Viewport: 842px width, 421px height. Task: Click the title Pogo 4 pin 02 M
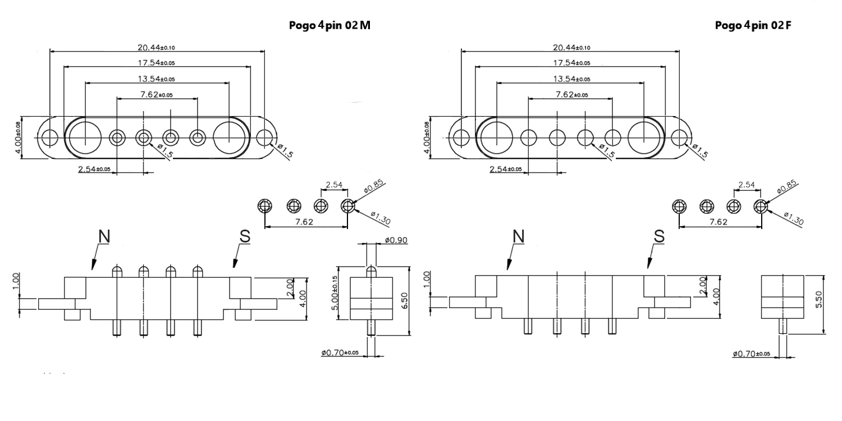pyautogui.click(x=330, y=25)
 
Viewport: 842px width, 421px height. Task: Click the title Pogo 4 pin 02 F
pyautogui.click(x=753, y=25)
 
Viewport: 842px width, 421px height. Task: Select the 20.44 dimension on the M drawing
pyautogui.click(x=156, y=47)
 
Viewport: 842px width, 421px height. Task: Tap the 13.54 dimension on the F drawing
pyautogui.click(x=571, y=79)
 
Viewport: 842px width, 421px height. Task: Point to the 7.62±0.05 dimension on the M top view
pyautogui.click(x=157, y=94)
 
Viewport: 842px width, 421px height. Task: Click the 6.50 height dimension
pyautogui.click(x=404, y=301)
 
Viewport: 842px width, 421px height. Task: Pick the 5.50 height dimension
pyautogui.click(x=818, y=299)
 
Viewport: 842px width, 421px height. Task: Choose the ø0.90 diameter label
pyautogui.click(x=396, y=240)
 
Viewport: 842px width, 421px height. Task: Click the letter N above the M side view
pyautogui.click(x=104, y=236)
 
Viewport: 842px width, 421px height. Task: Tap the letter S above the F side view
pyautogui.click(x=659, y=236)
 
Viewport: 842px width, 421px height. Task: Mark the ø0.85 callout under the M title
pyautogui.click(x=374, y=186)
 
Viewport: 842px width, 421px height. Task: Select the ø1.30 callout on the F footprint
pyautogui.click(x=794, y=218)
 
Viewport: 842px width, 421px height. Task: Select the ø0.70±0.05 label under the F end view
pyautogui.click(x=751, y=354)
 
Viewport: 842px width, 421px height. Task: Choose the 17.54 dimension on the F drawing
pyautogui.click(x=571, y=63)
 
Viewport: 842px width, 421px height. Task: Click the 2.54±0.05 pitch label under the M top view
pyautogui.click(x=94, y=169)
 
